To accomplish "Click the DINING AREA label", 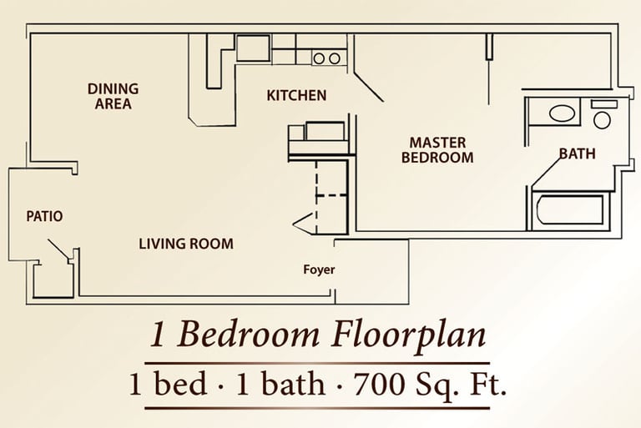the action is click(114, 96).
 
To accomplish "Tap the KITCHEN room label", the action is click(296, 96).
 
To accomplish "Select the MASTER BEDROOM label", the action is click(437, 150).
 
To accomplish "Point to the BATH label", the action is click(578, 154).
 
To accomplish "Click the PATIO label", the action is click(44, 216).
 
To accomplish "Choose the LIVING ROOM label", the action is click(186, 244).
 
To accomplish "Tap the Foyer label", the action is click(319, 269).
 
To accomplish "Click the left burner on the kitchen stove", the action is click(319, 59).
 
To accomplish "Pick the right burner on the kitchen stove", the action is click(335, 59).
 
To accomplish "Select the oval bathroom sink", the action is click(562, 113).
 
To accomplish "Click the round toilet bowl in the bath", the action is click(602, 121).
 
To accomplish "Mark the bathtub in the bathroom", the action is click(570, 210).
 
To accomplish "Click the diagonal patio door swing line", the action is click(58, 249).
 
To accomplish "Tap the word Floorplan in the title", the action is click(408, 335).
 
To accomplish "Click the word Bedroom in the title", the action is click(248, 335).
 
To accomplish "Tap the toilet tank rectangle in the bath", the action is click(603, 103).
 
